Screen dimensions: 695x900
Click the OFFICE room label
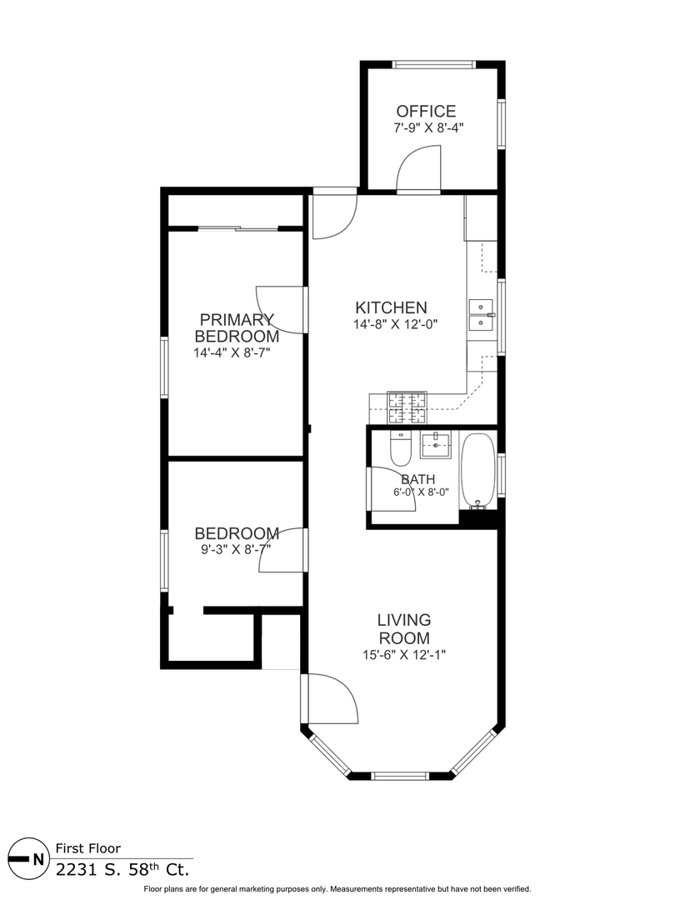click(426, 111)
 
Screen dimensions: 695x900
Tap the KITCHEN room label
click(392, 307)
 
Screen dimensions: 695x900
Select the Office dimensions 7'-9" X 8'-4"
click(428, 128)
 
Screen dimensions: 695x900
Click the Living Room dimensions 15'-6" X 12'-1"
click(404, 654)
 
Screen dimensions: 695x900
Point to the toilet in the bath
click(401, 448)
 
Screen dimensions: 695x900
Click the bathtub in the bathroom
click(478, 471)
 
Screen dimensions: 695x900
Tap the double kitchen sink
click(481, 315)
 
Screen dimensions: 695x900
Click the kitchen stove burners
click(407, 407)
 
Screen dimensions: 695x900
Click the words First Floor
click(88, 848)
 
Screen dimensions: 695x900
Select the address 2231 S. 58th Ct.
click(122, 869)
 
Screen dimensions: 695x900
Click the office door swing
click(418, 167)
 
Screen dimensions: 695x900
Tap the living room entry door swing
click(332, 698)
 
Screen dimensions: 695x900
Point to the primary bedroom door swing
click(279, 310)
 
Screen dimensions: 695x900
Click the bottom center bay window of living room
click(400, 776)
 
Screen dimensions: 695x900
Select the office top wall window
click(434, 64)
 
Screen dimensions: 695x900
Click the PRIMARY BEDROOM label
click(237, 327)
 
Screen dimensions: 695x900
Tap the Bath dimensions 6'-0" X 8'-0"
click(421, 492)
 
